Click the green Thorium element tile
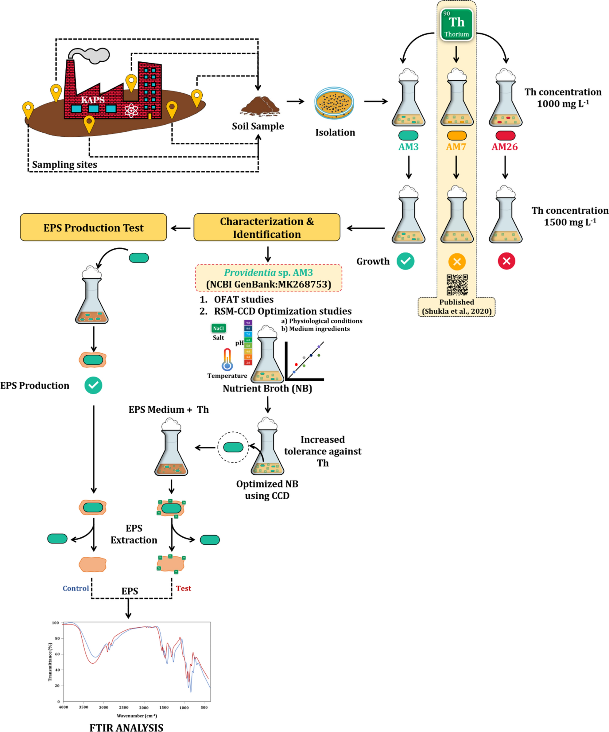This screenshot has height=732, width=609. tap(456, 24)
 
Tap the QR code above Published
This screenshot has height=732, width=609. tap(457, 284)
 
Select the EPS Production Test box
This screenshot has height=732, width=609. tap(93, 227)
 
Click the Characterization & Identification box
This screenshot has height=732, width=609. tap(266, 227)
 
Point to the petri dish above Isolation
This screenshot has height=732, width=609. tap(334, 103)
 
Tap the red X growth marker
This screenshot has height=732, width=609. tap(506, 261)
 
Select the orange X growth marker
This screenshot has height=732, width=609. tap(456, 261)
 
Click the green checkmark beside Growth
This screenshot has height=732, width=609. tap(405, 261)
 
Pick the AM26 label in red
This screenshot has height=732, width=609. tap(504, 147)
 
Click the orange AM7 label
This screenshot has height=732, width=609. tap(456, 147)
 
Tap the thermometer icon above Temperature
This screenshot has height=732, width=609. tap(227, 359)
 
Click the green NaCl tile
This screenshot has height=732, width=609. tap(219, 328)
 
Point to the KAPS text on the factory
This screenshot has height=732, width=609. tap(93, 100)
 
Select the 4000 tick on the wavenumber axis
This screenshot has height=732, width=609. tap(64, 707)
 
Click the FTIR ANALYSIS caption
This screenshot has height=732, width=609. tap(126, 727)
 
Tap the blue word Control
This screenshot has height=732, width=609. tap(76, 588)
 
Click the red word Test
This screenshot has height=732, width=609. tap(183, 588)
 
